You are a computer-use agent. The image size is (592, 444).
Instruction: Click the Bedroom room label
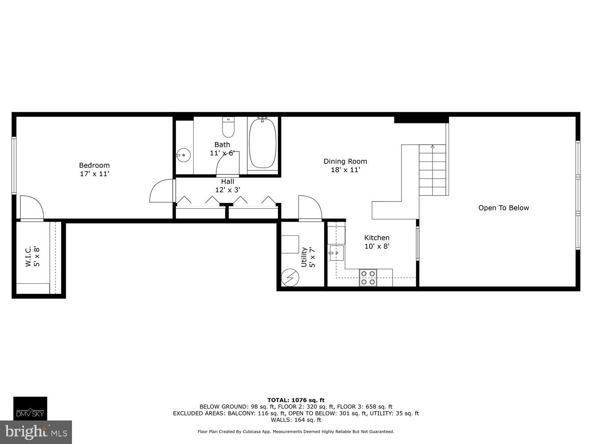pos(94,165)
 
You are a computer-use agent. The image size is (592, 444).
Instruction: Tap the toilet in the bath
pos(228,127)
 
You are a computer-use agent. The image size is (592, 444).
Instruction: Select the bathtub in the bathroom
pos(262,143)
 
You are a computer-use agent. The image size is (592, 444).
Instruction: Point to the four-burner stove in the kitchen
pos(368,277)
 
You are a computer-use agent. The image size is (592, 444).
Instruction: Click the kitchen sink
pos(336,253)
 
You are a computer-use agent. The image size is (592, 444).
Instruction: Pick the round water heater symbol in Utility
pos(290,277)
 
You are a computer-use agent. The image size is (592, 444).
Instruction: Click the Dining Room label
pos(345,161)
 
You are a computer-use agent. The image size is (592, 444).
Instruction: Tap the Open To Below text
pos(503,208)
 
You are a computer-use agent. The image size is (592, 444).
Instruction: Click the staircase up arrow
pos(433,147)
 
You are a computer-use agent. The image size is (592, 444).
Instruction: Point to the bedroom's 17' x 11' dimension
pos(94,174)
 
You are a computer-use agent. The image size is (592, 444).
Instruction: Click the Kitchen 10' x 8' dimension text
pos(377,246)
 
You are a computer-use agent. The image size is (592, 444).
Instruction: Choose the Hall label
pos(227,181)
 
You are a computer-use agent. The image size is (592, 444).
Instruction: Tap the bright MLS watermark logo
pos(36,432)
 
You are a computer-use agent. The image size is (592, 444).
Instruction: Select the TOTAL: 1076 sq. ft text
pos(296,400)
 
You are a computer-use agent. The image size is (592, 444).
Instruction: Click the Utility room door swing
pos(310,208)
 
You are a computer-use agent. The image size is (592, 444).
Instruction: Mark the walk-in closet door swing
pos(32,208)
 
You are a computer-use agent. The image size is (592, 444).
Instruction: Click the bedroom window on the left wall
pos(14,166)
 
